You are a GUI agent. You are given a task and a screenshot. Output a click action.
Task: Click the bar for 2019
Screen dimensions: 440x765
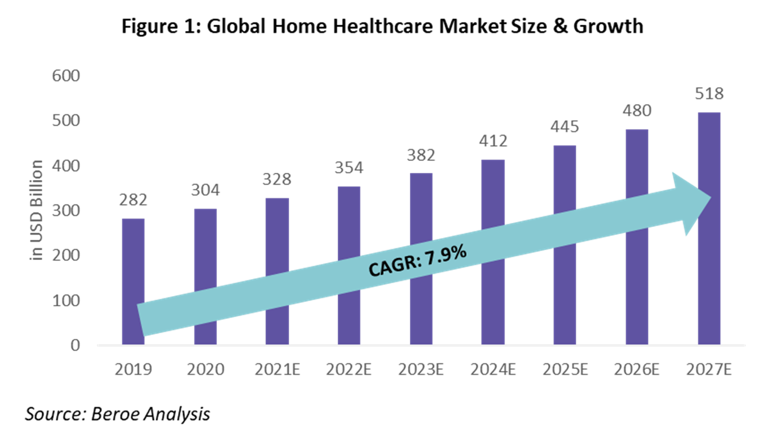(133, 258)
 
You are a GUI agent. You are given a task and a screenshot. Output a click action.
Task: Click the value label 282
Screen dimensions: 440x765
(133, 200)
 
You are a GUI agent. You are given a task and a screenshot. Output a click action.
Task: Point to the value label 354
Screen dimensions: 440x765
(349, 168)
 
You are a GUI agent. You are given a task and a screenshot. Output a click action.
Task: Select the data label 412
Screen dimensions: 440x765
(493, 141)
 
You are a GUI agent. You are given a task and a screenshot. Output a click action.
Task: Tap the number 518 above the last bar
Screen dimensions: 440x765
(709, 93)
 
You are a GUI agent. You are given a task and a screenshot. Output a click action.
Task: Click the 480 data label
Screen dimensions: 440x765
(637, 110)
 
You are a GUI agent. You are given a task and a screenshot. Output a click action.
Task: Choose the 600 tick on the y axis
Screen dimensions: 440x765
(66, 76)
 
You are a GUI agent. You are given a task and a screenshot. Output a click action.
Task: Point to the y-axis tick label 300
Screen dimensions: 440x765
(66, 211)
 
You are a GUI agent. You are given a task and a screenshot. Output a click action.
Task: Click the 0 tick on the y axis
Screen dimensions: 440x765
(75, 345)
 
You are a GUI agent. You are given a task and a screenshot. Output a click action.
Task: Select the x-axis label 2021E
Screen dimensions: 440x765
(277, 370)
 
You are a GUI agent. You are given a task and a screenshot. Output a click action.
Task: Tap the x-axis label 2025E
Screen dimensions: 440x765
(565, 370)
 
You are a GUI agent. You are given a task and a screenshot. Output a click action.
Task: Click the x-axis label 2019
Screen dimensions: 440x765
(133, 370)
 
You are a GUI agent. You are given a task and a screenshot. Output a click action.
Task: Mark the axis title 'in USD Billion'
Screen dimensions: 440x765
(37, 210)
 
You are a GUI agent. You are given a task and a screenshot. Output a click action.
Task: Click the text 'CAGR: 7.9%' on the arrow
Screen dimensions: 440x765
(418, 260)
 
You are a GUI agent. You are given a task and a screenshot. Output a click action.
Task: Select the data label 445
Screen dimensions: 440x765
(565, 127)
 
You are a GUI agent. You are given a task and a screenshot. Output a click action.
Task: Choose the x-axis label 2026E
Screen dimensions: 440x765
(637, 370)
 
